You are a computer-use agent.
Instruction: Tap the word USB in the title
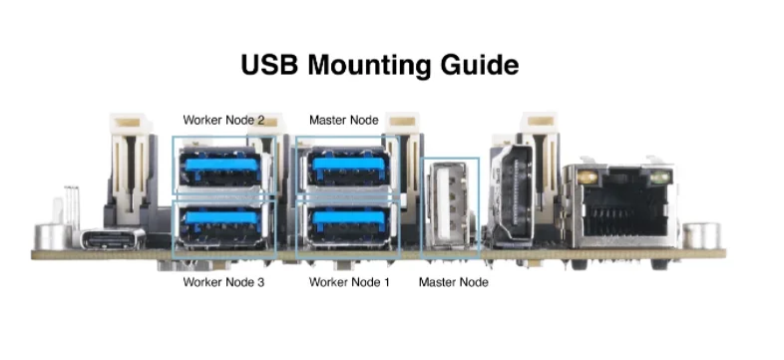tap(270, 65)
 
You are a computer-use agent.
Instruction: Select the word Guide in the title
tap(480, 65)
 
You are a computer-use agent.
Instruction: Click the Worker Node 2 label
tap(223, 120)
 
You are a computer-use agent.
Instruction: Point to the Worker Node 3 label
tap(223, 282)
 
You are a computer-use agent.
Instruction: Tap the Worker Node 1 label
tap(349, 282)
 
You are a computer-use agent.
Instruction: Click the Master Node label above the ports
tap(344, 120)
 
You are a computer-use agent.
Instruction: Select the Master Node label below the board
tap(454, 282)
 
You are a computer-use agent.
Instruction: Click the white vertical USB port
tap(448, 205)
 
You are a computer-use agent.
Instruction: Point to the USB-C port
tap(113, 239)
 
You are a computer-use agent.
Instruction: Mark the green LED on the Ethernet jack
tap(659, 177)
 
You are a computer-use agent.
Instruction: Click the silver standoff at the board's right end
tap(701, 236)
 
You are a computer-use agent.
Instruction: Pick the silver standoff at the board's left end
tap(53, 237)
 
